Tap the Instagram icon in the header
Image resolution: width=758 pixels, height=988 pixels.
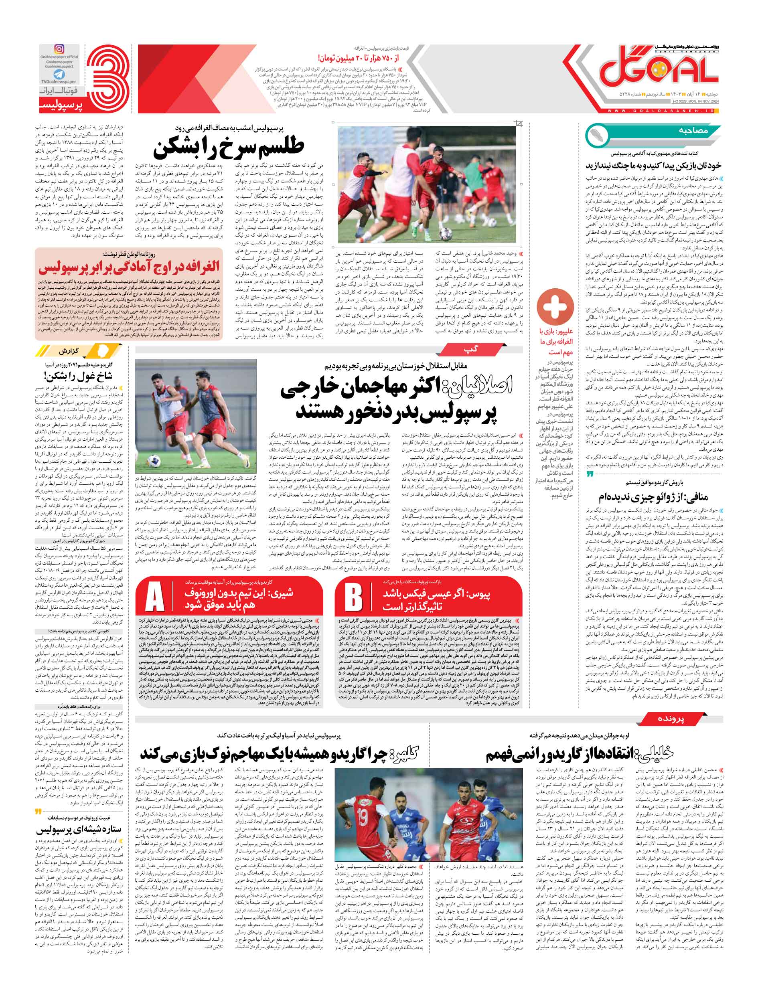(59, 49)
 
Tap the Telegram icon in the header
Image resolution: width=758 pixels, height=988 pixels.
(59, 74)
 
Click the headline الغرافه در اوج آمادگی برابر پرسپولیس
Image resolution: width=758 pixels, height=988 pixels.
(129, 268)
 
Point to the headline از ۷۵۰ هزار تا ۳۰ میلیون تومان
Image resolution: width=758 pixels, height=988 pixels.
(364, 58)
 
